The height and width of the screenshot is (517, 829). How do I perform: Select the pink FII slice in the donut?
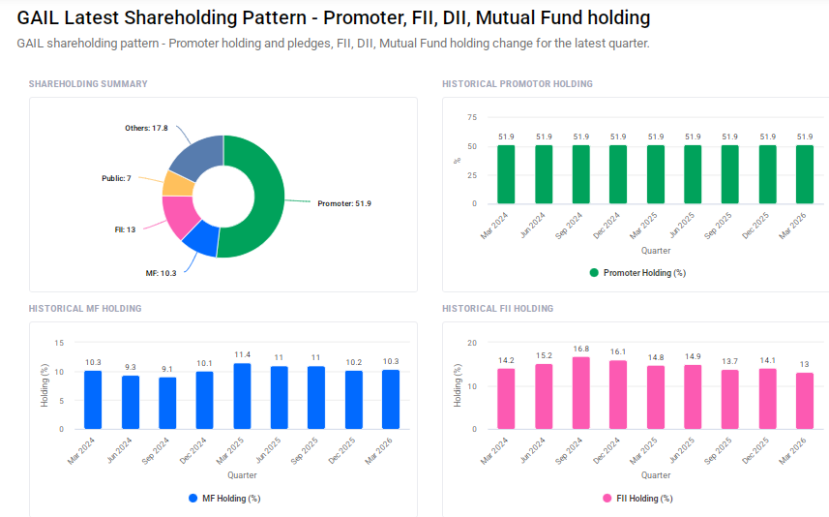(x=179, y=217)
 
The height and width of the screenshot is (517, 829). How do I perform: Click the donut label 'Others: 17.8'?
(x=146, y=128)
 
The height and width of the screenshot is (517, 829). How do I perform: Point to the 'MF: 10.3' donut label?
(x=161, y=274)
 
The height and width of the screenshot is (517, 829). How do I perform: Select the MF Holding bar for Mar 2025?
(x=242, y=396)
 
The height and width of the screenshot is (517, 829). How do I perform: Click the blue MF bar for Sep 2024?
(x=167, y=403)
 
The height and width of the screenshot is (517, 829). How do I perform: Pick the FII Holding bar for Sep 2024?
(x=580, y=393)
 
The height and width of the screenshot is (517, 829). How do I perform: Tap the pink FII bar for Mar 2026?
(x=804, y=401)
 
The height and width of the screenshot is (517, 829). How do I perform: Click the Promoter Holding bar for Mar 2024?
(x=506, y=174)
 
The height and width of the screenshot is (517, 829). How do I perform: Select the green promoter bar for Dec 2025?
(x=767, y=174)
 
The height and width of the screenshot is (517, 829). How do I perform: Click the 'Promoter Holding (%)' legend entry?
(x=637, y=273)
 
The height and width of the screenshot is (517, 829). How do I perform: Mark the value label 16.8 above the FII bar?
(x=580, y=349)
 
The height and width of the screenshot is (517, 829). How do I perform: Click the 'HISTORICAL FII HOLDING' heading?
(x=497, y=309)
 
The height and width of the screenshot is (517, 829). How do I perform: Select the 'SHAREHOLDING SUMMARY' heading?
(x=88, y=84)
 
